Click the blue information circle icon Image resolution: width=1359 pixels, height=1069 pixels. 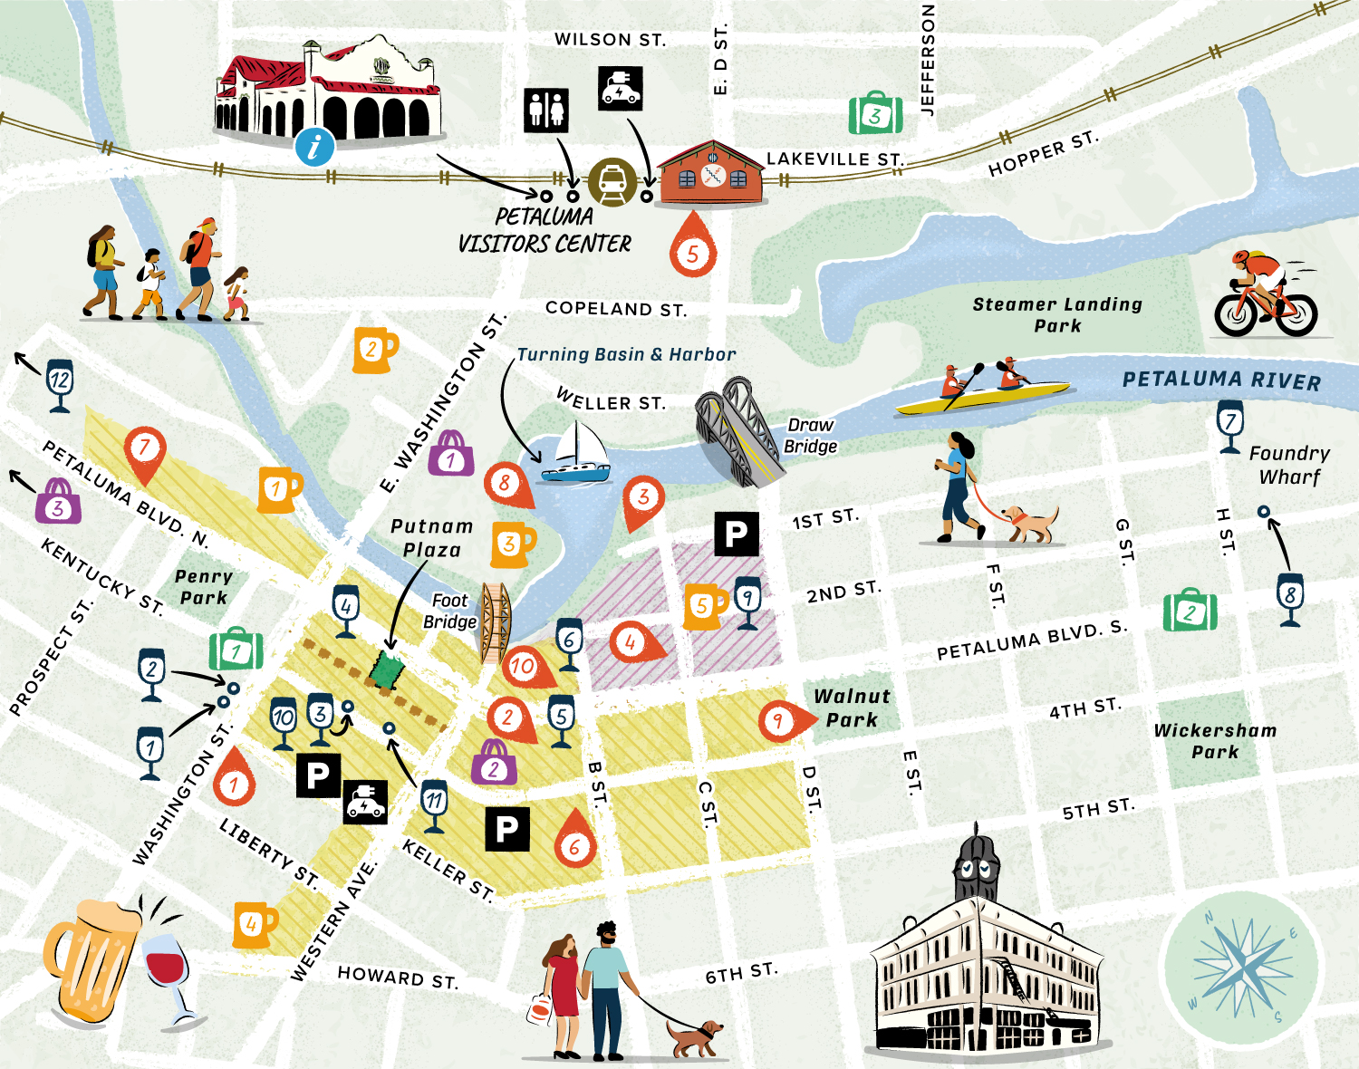pos(314,146)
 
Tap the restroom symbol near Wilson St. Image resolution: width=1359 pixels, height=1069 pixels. pos(546,111)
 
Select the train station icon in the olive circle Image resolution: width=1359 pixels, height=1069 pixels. pos(612,182)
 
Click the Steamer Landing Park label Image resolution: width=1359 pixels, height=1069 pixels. pos(1057,314)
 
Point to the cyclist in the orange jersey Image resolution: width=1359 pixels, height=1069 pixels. pos(1264,294)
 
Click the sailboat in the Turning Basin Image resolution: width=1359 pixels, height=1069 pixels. pos(577,455)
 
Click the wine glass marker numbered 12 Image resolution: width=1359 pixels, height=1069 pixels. pos(60,384)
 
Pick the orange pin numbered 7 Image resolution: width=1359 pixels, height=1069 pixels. pos(144,451)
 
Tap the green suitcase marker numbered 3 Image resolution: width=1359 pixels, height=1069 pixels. pos(875,113)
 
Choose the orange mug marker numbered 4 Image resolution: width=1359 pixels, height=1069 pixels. pos(254,924)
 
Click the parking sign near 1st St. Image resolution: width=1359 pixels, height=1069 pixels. pos(736,534)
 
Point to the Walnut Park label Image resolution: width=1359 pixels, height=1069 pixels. pos(852,708)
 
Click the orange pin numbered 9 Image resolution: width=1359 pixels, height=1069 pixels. pos(778,721)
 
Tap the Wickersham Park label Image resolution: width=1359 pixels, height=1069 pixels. pos(1215,740)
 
